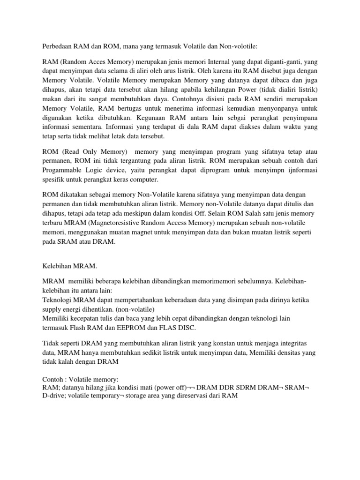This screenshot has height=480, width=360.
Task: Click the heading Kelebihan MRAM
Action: [x=69, y=266]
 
